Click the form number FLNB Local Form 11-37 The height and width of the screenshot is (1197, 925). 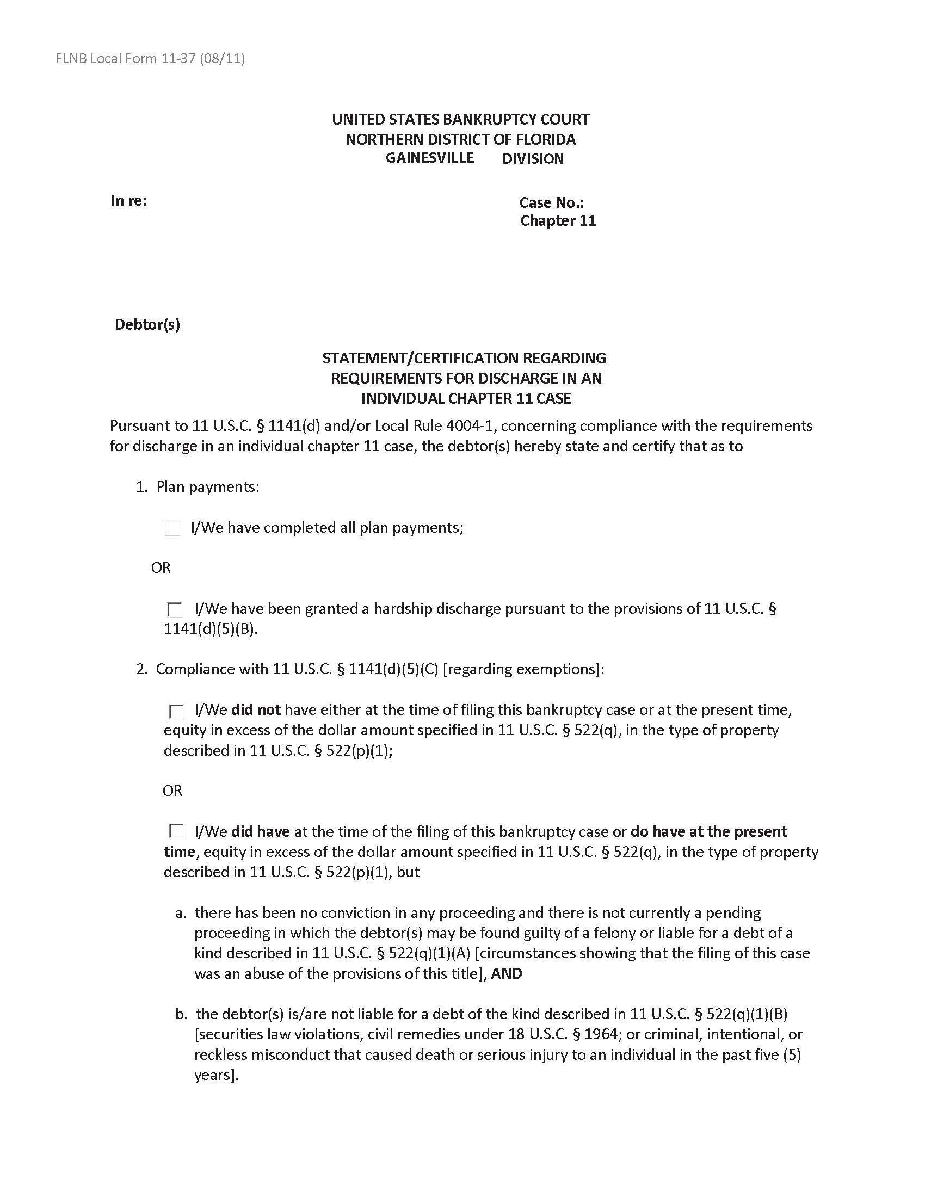tap(150, 58)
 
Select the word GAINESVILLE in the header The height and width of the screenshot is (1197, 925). tap(430, 158)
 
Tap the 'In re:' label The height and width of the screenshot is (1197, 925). tap(129, 201)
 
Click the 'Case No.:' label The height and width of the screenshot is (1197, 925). tap(551, 203)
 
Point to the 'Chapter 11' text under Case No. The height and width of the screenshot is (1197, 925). tap(558, 221)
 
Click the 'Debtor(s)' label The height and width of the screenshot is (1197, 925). tap(147, 324)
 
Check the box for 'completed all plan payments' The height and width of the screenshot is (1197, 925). tap(172, 528)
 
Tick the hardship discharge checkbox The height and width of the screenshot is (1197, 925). tap(175, 609)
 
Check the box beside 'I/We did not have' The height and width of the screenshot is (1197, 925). tap(176, 712)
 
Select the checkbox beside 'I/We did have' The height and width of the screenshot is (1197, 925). tap(176, 832)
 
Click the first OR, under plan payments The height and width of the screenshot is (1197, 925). tap(161, 568)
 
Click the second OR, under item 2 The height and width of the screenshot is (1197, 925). tap(172, 791)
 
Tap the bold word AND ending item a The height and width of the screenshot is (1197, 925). tap(507, 974)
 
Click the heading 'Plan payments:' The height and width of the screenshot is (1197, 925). tap(208, 487)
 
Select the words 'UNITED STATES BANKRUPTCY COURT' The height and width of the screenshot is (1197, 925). tap(460, 120)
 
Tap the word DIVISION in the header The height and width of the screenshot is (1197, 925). tap(533, 159)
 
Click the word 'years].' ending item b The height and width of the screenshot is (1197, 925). tap(217, 1075)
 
